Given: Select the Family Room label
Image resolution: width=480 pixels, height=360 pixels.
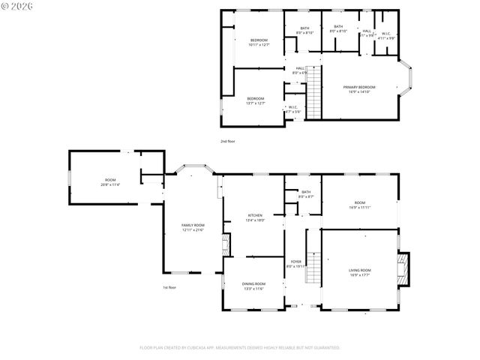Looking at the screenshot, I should [193, 227].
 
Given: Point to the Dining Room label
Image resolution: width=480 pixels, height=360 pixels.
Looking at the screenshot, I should [253, 286].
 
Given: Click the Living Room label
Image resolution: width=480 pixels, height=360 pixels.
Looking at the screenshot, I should [359, 272].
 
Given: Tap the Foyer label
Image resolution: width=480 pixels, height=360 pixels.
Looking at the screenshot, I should [296, 263].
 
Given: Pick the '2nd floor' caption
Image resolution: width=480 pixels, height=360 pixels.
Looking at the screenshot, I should [227, 141].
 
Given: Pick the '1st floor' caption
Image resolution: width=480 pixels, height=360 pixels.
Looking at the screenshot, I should [169, 287].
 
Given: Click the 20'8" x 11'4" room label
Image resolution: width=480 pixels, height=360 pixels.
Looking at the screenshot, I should [110, 182].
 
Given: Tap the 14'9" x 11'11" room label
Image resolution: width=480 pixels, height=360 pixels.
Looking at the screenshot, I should [359, 205].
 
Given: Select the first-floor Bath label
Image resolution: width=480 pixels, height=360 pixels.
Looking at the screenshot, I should [306, 194].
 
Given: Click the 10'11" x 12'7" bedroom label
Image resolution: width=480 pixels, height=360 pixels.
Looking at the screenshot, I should [259, 43].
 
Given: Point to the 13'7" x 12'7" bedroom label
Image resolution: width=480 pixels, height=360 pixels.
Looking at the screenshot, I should [256, 101].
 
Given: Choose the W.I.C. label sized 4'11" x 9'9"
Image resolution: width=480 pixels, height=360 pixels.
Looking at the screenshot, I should [385, 34].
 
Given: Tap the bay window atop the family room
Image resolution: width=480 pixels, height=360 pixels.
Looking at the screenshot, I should [190, 167].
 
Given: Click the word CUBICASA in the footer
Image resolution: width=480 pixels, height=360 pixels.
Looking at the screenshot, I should [205, 348].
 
